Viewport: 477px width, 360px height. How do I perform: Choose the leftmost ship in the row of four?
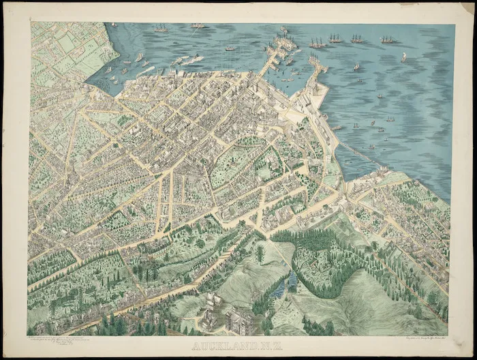point(316,42)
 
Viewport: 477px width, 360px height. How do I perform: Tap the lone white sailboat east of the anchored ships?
point(403,57)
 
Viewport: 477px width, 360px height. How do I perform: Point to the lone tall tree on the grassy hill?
point(260,254)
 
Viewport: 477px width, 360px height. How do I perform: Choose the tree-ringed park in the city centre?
point(232,160)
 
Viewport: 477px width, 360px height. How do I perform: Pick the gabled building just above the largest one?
point(211,300)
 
